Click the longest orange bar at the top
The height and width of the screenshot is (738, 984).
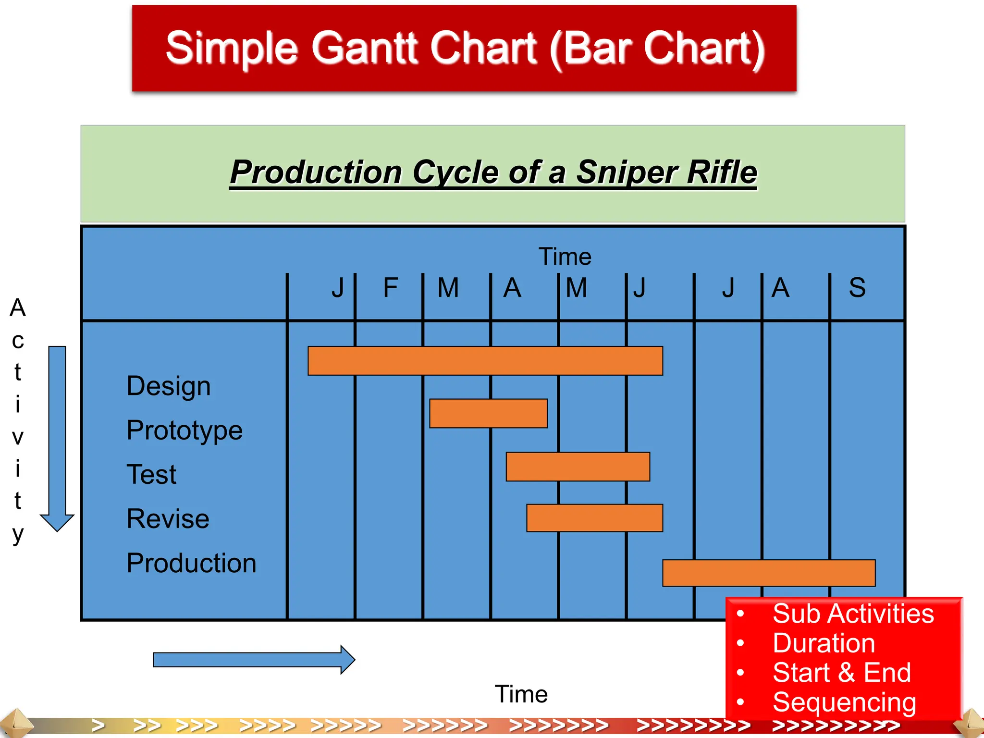click(x=485, y=360)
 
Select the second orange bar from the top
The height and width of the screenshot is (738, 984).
click(x=488, y=413)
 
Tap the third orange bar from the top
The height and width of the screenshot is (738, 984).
click(x=578, y=466)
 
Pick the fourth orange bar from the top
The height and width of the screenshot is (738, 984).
click(x=594, y=517)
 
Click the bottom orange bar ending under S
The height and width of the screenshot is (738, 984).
click(x=769, y=573)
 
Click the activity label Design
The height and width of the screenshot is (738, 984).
click(x=169, y=386)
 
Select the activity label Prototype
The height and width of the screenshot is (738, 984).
click(x=184, y=430)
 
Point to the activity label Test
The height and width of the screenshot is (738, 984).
click(x=151, y=475)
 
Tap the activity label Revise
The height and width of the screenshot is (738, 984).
click(x=168, y=519)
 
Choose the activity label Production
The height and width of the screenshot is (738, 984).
click(x=191, y=563)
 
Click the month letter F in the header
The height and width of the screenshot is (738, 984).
click(x=390, y=288)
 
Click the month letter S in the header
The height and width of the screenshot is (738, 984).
click(x=857, y=288)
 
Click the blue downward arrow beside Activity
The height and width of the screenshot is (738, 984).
click(x=57, y=437)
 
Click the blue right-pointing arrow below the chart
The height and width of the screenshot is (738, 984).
click(x=254, y=660)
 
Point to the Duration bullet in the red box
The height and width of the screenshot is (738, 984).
click(x=824, y=643)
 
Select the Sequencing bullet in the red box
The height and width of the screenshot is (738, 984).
click(x=844, y=702)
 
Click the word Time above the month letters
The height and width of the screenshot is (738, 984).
click(x=565, y=257)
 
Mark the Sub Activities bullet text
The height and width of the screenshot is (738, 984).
click(x=853, y=614)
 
